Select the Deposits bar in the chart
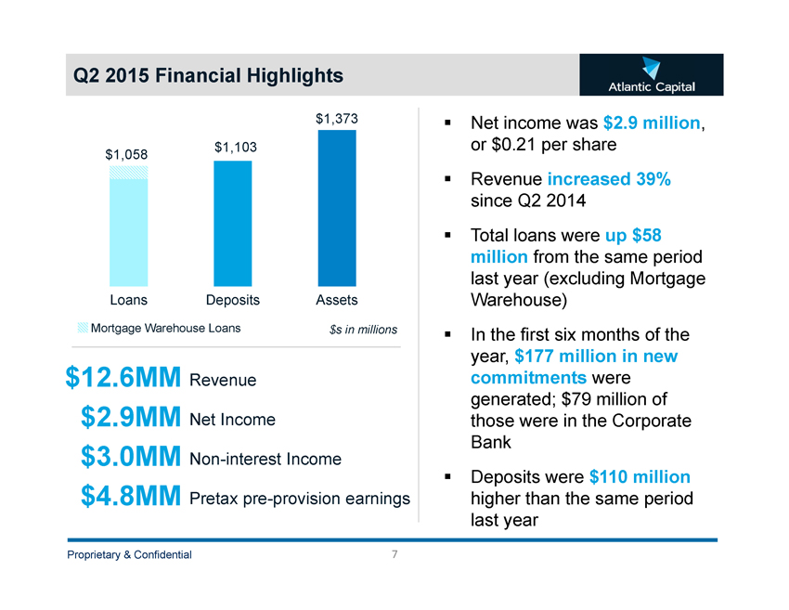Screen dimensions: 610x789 pyautogui.click(x=232, y=223)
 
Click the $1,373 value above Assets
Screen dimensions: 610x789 pyautogui.click(x=337, y=119)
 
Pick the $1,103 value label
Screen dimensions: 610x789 pyautogui.click(x=235, y=147)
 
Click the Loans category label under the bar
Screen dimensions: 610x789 pyautogui.click(x=128, y=300)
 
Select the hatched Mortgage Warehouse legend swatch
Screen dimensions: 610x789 pyautogui.click(x=84, y=327)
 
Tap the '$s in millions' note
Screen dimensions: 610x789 pyautogui.click(x=363, y=330)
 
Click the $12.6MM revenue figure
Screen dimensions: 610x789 pyautogui.click(x=123, y=379)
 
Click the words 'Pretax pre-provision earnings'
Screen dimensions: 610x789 pyautogui.click(x=299, y=499)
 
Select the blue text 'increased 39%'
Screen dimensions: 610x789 pyautogui.click(x=609, y=179)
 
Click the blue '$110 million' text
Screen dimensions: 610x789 pyautogui.click(x=640, y=477)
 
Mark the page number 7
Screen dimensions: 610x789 pyautogui.click(x=394, y=554)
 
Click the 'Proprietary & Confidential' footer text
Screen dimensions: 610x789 pyautogui.click(x=128, y=555)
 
